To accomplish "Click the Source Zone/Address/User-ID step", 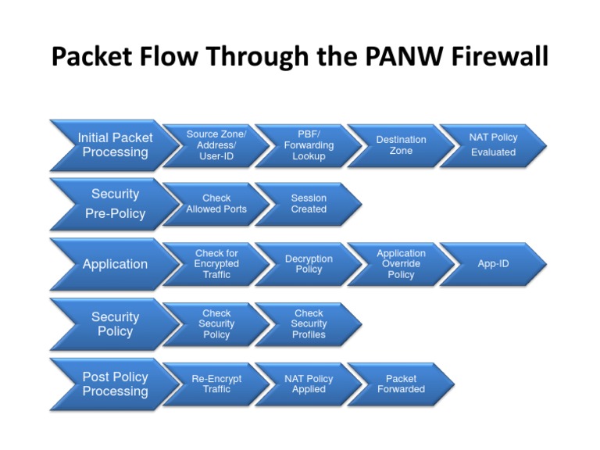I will (216, 145).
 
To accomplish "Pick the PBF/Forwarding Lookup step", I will (309, 145).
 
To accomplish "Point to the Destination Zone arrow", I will (401, 145).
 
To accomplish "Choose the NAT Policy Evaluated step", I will (493, 145).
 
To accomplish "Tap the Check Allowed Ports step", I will (216, 204).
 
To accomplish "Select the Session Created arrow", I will (309, 204).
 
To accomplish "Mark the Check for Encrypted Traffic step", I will (216, 264).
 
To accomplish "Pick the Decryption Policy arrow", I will (309, 264).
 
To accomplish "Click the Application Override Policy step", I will (401, 264).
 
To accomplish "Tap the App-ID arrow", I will (493, 264).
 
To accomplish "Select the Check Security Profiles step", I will (309, 324).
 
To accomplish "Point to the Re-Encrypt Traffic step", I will (216, 384).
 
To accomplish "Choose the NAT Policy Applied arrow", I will (309, 384).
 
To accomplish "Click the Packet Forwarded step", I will (401, 384).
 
